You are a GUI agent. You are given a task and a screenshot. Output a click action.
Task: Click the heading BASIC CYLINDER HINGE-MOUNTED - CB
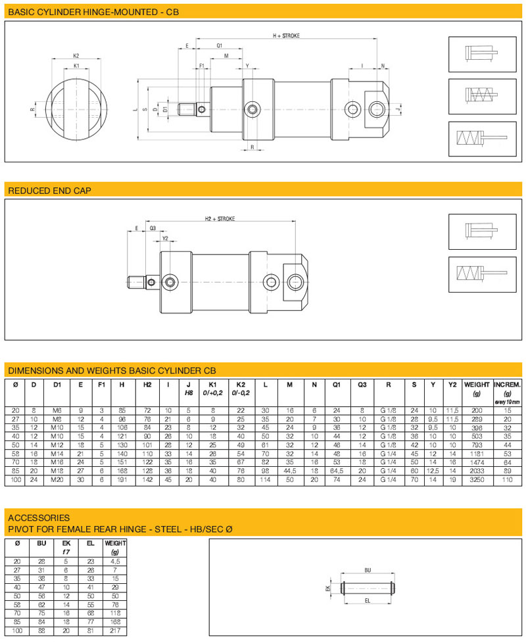(93, 12)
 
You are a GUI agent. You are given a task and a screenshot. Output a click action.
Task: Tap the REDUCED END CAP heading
(49, 191)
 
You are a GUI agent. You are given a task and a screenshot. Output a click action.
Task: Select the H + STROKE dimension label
(287, 36)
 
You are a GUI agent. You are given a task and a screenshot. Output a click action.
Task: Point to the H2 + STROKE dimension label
(220, 218)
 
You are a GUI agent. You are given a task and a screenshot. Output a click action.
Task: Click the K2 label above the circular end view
(76, 56)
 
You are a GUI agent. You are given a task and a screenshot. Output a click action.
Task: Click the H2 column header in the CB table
(148, 385)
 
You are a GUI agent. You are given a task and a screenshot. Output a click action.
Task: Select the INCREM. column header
(508, 384)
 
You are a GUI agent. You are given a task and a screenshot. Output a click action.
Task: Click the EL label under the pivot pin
(367, 601)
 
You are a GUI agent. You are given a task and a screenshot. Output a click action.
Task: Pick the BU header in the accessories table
(42, 544)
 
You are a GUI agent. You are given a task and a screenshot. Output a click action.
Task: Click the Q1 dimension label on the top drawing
(219, 45)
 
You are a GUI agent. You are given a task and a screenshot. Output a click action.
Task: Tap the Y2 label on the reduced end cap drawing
(165, 239)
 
